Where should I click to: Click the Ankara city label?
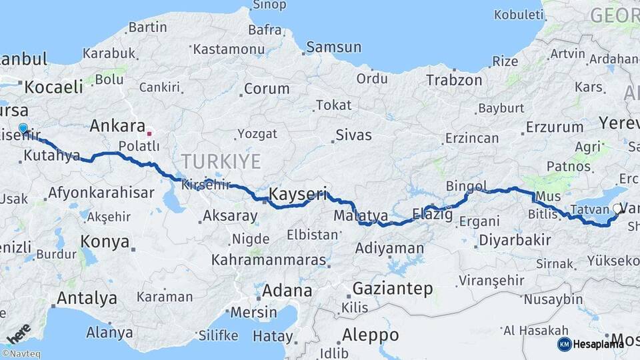point(117,125)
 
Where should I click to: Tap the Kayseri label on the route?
point(298,194)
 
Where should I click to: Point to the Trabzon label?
point(454,80)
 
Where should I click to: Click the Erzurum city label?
point(555,127)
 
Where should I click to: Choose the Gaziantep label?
point(393,289)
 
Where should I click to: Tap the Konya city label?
point(105,241)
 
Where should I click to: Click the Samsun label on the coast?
point(334,47)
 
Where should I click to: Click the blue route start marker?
point(23,128)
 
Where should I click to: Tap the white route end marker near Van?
point(616,209)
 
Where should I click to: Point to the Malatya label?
point(361,216)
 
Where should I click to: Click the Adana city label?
point(287,291)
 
